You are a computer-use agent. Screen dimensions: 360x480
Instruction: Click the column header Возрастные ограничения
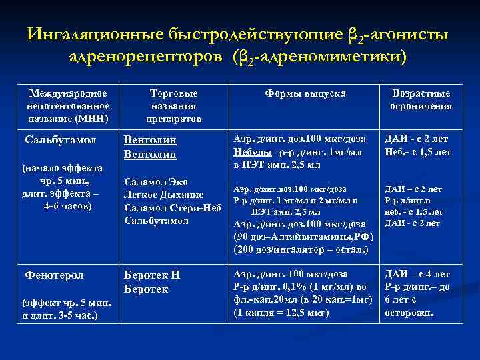tap(422, 100)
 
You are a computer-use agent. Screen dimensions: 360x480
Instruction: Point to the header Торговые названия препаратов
tap(173, 106)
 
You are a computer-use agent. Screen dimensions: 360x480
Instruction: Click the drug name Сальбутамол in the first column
tap(61, 140)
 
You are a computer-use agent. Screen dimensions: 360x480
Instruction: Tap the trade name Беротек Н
tap(153, 275)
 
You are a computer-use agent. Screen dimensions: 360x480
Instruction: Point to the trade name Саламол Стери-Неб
tap(172, 207)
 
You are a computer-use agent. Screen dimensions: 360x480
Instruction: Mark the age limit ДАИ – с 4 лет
tap(417, 274)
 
